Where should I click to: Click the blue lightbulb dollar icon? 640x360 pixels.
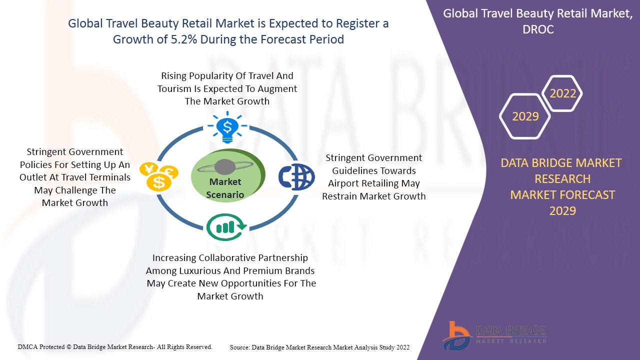click(x=227, y=127)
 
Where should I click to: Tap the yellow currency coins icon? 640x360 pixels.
click(x=159, y=176)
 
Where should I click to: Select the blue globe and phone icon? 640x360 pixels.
click(x=296, y=177)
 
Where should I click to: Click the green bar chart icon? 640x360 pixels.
click(x=226, y=227)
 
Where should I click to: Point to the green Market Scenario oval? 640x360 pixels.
click(x=228, y=175)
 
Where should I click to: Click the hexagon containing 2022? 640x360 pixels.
click(x=562, y=93)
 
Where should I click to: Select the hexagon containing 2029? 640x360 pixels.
click(x=525, y=116)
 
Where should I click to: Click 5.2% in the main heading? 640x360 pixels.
click(x=184, y=39)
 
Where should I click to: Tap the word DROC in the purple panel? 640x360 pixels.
click(x=538, y=29)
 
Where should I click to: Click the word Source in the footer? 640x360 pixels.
click(x=240, y=347)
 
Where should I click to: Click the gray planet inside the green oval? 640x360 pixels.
click(x=225, y=167)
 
